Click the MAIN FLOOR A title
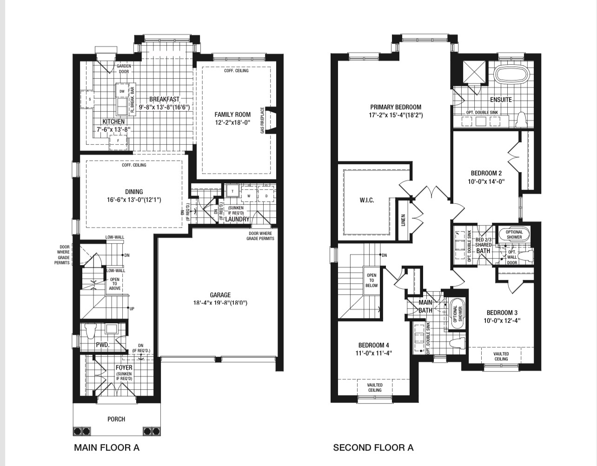[x=107, y=447]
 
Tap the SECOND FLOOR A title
[x=373, y=447]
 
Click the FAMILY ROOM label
[x=232, y=114]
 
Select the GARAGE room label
[x=220, y=295]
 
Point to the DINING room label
[x=134, y=192]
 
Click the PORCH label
[x=116, y=419]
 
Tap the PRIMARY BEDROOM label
[x=396, y=107]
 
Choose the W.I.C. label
[x=367, y=200]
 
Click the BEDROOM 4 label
[x=374, y=345]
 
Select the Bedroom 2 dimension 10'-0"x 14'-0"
[x=486, y=182]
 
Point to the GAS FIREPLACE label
[x=263, y=120]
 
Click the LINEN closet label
[x=403, y=220]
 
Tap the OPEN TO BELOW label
[x=371, y=280]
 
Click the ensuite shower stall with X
[x=474, y=72]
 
